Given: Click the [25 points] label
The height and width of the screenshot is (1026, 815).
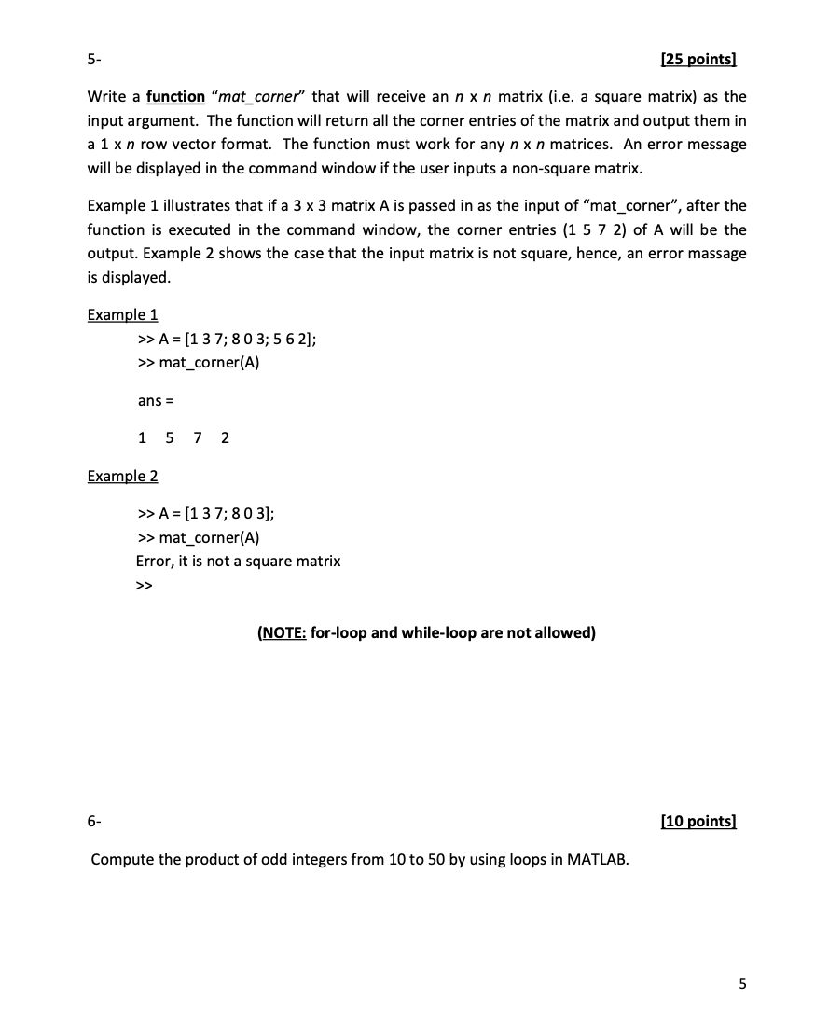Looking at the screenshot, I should point(698,61).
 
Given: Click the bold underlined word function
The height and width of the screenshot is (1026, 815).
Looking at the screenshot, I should point(175,96).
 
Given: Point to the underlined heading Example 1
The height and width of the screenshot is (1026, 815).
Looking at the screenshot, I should point(122,314).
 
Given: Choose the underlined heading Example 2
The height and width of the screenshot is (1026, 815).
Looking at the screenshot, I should point(122,476).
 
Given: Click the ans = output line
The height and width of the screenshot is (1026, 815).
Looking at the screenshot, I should point(156,401).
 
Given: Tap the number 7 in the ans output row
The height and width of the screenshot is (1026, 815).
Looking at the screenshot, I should point(197,437).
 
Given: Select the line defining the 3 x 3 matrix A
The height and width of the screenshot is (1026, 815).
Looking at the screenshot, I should point(228,339).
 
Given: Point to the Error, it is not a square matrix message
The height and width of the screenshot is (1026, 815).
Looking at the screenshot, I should point(238,561).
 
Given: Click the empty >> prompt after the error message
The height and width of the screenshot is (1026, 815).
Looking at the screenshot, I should point(144,586).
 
